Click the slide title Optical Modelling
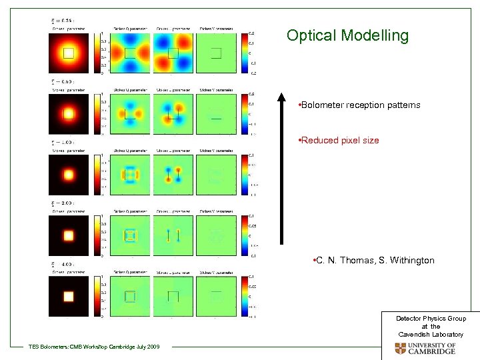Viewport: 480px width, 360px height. [x=347, y=36]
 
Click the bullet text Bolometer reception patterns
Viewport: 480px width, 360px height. [x=360, y=105]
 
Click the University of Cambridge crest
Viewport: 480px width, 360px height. [x=400, y=349]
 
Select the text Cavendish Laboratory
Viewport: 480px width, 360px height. [x=431, y=334]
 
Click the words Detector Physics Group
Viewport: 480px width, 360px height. [x=431, y=319]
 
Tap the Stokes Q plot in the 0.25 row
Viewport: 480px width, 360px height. [x=130, y=53]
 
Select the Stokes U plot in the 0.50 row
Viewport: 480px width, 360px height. [x=173, y=114]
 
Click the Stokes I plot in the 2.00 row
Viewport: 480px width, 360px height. [x=68, y=235]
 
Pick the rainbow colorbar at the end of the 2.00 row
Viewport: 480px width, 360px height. [x=243, y=235]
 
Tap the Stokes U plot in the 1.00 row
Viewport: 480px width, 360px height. [x=173, y=175]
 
